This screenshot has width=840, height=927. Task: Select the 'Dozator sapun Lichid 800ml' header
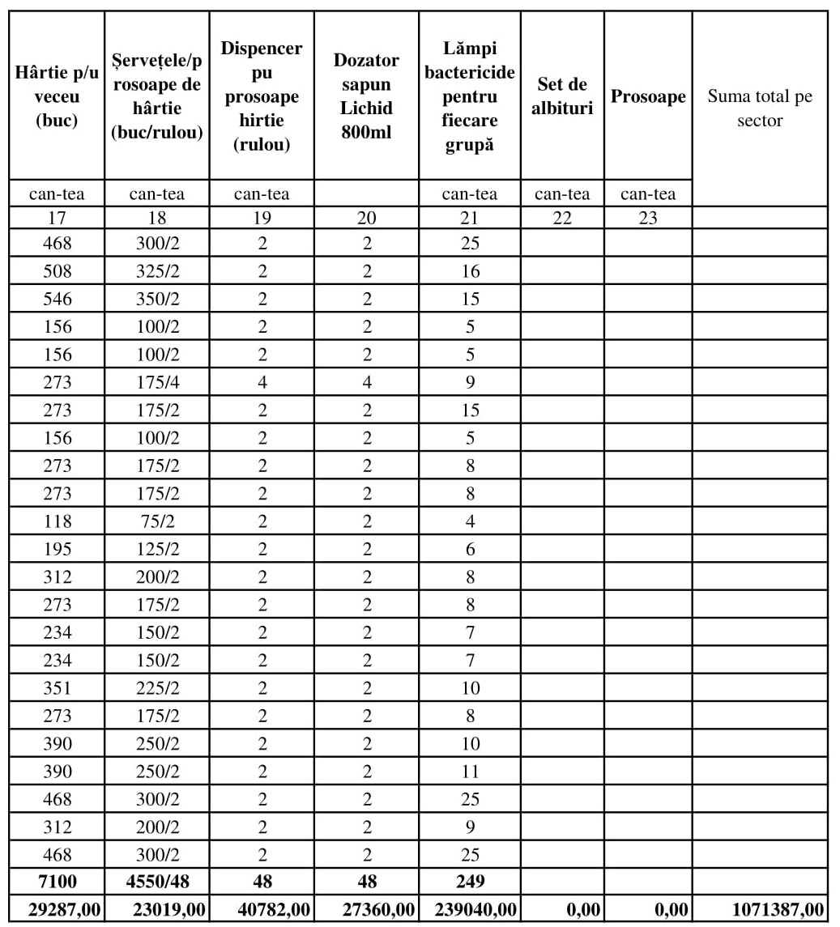point(366,96)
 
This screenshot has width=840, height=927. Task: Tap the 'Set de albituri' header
point(562,96)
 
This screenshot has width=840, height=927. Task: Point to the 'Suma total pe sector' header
point(760,108)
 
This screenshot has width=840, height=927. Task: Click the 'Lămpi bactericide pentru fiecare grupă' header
point(470,96)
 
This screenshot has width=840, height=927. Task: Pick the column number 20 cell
point(366,217)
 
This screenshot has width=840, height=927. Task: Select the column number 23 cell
point(648,217)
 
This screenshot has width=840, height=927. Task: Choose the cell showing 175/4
point(157,382)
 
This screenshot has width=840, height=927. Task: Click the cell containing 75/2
point(157,521)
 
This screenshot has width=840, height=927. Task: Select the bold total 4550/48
point(157,882)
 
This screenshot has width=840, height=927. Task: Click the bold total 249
point(470,882)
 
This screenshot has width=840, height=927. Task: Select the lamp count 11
point(470,772)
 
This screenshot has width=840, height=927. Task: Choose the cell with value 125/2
point(157,549)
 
